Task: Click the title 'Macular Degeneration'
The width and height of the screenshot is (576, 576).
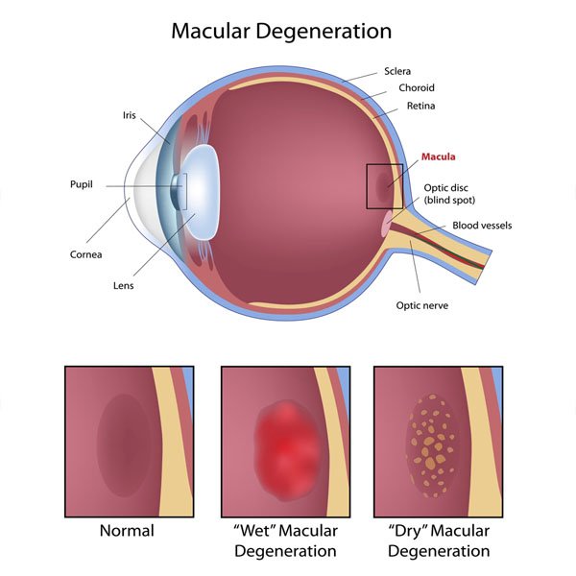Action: tap(281, 32)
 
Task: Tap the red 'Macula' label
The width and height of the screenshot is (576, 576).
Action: tap(439, 156)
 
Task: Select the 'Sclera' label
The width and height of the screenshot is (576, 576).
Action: tap(397, 71)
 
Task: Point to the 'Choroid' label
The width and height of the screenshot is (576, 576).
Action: tap(417, 87)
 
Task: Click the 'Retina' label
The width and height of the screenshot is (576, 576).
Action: tap(421, 106)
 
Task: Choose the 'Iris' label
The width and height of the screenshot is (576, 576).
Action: tap(130, 115)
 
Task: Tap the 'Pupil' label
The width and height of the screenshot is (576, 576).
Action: tap(82, 184)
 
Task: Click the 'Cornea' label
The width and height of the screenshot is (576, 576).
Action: tap(86, 254)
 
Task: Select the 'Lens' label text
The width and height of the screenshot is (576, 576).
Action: tap(124, 285)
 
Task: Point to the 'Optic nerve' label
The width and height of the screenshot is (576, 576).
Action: tap(422, 305)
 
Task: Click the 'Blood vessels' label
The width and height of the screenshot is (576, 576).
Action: tap(482, 226)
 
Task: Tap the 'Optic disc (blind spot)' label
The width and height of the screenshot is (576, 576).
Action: tap(449, 194)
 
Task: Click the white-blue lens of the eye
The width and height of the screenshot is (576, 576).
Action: tap(202, 192)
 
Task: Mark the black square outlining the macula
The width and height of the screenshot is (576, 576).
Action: tap(367, 186)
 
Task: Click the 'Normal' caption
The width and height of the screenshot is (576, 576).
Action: tap(127, 531)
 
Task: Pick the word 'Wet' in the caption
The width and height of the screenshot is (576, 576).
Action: tap(255, 531)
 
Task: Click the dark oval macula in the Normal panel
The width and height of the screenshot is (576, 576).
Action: tap(125, 445)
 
